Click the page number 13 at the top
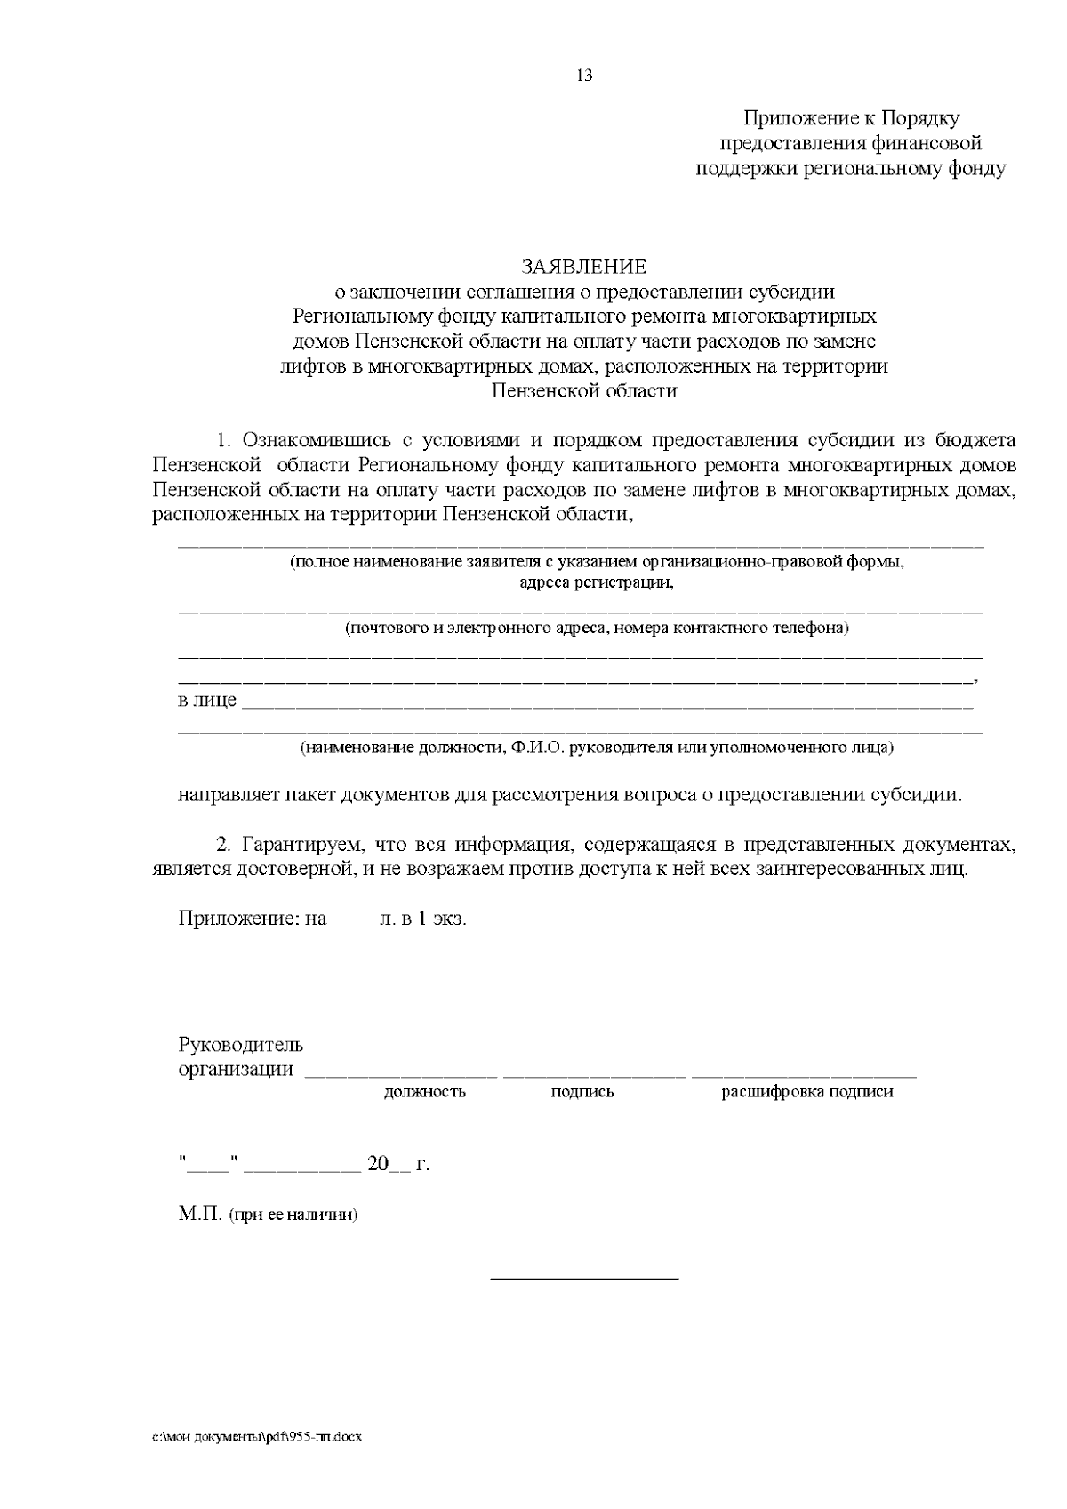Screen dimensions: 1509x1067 584,76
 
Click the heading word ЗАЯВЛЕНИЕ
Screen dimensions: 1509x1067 584,267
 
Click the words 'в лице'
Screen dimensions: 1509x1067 207,701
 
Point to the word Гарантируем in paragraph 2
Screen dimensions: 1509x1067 301,844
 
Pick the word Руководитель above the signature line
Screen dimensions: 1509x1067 241,1044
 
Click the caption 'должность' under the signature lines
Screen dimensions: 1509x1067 425,1092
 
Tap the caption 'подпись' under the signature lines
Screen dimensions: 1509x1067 582,1092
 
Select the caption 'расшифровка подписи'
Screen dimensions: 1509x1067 807,1092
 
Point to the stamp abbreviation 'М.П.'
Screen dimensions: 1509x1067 200,1214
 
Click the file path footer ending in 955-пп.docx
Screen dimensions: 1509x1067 258,1438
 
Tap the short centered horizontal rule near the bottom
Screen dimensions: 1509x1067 584,1279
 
